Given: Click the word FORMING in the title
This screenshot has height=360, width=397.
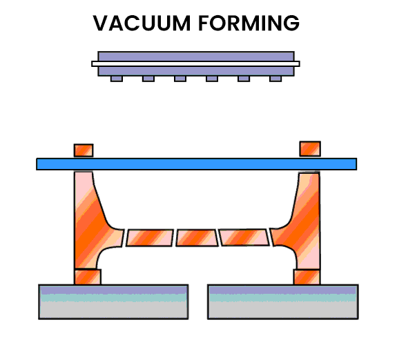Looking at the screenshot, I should coord(248,23).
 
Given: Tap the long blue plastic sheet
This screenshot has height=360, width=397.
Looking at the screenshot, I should coord(196,164).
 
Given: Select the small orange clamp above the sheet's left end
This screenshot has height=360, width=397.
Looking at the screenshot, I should coord(84,150).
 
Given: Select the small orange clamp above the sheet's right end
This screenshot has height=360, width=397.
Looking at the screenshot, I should coord(309,148).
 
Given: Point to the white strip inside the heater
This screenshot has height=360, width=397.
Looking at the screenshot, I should coord(196,63).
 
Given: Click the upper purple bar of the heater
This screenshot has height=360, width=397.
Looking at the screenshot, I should coord(196,55).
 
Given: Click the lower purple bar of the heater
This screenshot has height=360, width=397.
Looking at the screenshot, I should coord(196,70).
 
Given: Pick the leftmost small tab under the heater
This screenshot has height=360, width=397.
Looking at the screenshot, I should coord(117,79).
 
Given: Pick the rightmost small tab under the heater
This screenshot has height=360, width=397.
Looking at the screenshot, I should coord(275,79).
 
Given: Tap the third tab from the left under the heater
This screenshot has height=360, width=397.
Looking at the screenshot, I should coord(180,79).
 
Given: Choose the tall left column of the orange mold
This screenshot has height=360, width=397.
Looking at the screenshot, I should coord(87,221).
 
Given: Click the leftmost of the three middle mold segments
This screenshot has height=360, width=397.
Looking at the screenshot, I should coord(148,237).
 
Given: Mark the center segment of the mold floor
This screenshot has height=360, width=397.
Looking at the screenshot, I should coord(196,237).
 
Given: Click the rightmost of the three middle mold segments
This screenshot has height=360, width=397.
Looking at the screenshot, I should coord(244,237).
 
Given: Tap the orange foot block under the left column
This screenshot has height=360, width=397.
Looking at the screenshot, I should coord(87,277).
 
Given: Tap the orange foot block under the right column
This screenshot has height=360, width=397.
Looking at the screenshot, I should coord(307,277).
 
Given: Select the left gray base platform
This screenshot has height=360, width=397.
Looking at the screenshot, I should coord(113,302).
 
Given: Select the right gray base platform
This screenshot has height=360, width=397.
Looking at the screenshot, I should coord(282,302).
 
